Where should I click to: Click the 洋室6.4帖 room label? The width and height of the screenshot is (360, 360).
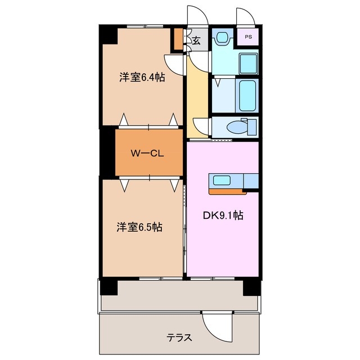click(x=141, y=78)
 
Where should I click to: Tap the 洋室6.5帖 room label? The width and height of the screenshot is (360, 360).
click(x=140, y=227)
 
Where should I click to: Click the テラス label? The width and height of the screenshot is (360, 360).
click(x=179, y=337)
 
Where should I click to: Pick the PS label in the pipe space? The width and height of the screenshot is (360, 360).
click(x=248, y=37)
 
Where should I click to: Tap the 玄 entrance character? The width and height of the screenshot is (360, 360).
click(x=196, y=40)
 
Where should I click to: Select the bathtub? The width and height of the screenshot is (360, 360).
click(x=247, y=95)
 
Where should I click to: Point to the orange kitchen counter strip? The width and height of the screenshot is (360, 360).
click(x=227, y=191)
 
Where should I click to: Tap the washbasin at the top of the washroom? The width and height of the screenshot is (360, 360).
click(x=222, y=38)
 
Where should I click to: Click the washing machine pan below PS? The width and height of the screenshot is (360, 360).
click(x=247, y=63)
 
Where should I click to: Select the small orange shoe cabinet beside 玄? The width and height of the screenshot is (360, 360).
click(x=178, y=40)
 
